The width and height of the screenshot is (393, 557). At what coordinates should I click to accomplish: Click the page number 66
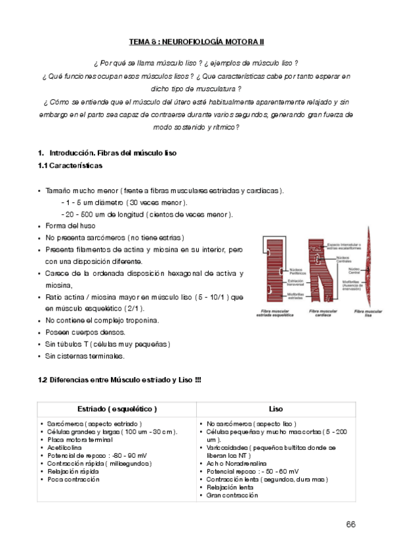(350, 524)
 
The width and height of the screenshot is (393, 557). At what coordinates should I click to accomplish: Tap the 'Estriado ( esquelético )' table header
(117, 408)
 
